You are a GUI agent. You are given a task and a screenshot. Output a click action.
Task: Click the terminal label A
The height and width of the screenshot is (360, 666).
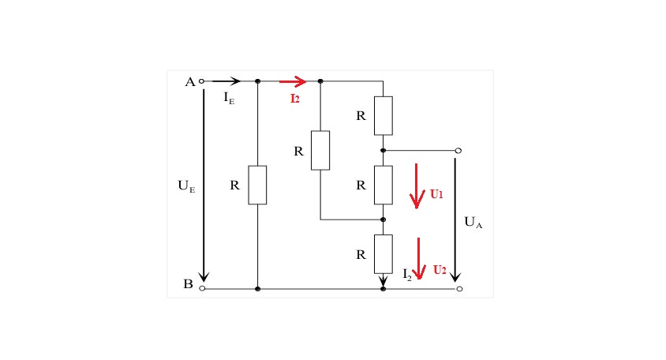(190, 81)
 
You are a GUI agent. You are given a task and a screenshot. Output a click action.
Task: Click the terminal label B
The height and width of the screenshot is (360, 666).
(188, 283)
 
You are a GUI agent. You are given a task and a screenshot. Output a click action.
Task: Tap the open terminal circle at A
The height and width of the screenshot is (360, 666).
(202, 81)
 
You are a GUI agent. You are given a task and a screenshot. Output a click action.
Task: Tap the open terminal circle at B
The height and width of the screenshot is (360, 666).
(202, 289)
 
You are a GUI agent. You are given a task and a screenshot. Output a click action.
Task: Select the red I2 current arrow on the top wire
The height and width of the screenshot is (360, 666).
(293, 81)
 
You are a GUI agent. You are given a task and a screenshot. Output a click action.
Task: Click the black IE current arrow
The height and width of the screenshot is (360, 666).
(226, 81)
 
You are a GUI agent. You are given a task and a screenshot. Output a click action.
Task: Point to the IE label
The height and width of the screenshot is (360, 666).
(229, 98)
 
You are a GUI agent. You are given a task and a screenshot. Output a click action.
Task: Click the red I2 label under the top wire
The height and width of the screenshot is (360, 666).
(295, 99)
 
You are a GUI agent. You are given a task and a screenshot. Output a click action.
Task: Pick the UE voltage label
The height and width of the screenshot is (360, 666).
(186, 186)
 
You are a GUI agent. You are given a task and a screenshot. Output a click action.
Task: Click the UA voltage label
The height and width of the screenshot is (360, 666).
(473, 223)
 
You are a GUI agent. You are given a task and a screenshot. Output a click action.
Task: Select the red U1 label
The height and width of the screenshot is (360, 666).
(436, 194)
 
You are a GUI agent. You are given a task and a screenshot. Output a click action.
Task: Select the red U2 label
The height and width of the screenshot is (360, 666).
(440, 270)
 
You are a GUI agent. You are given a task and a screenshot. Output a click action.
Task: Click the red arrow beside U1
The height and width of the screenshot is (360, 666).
(417, 186)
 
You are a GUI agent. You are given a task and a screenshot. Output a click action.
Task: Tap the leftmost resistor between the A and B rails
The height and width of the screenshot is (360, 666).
(257, 185)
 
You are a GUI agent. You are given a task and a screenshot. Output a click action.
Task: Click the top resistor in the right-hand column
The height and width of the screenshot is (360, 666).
(384, 115)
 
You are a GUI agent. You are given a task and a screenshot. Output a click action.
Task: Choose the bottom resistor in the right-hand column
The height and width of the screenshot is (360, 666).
(384, 254)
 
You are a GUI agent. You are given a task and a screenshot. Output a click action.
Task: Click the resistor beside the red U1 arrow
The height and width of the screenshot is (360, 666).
(384, 185)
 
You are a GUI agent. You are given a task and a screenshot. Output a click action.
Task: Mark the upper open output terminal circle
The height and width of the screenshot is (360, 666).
(458, 151)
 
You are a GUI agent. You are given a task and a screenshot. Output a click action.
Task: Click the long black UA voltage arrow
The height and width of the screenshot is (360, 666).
(455, 219)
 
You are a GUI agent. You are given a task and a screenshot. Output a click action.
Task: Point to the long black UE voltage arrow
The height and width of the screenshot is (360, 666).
(204, 186)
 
